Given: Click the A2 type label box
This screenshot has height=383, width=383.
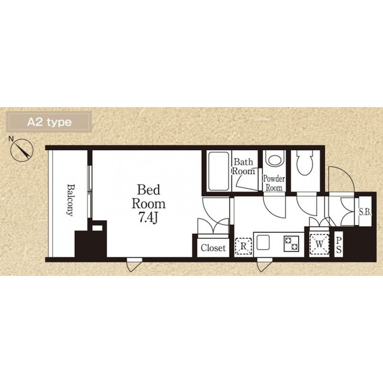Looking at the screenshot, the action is [49, 121].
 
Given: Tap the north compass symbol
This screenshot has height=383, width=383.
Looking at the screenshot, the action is [22, 150].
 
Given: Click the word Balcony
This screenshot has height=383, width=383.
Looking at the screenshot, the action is [71, 200].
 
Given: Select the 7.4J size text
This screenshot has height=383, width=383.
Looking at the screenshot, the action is [148, 217].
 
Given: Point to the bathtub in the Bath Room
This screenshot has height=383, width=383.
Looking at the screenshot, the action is [218, 171].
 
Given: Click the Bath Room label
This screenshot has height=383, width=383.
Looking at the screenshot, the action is [243, 166].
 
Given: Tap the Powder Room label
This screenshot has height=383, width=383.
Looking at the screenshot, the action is [274, 183].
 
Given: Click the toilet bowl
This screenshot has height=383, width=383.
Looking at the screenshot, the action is [305, 162].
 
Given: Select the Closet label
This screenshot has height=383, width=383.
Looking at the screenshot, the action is [213, 248].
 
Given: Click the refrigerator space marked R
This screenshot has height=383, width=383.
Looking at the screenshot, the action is [244, 247].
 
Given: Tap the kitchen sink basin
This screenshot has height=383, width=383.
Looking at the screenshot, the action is [263, 242].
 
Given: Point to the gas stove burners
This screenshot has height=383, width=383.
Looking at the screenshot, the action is [291, 244].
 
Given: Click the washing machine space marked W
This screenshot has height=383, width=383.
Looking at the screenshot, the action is [319, 244].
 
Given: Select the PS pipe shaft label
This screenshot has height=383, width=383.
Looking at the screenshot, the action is [339, 245].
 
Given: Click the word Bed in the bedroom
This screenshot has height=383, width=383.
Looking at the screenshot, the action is [148, 190].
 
